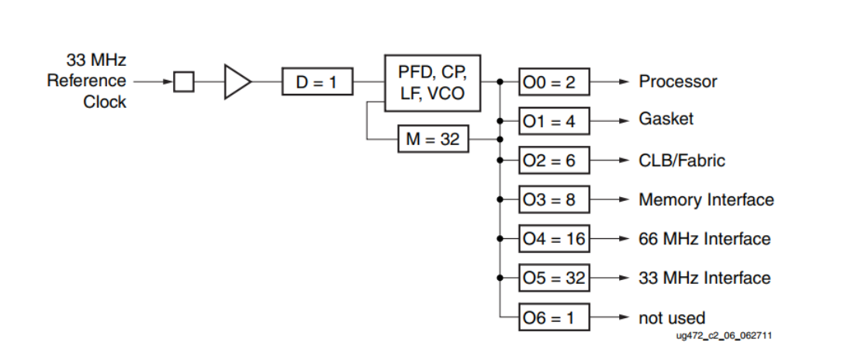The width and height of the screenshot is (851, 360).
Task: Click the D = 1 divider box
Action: [x=317, y=81]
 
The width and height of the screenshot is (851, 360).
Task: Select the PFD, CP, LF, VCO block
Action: [x=433, y=82]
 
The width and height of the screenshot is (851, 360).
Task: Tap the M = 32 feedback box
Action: [x=433, y=140]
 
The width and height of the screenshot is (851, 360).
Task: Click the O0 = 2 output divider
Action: [x=554, y=81]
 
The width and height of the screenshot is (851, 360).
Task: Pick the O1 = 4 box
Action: [x=554, y=121]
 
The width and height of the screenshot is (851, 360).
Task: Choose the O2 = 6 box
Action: [x=554, y=161]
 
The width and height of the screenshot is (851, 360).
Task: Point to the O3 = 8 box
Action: [x=554, y=199]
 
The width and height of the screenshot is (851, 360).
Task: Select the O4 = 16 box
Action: [x=554, y=239]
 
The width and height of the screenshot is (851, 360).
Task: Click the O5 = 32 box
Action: [x=554, y=278]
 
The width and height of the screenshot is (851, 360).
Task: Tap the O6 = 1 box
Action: [x=554, y=317]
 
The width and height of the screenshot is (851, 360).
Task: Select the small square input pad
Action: [x=184, y=81]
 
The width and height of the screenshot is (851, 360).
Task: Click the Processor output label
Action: [x=677, y=81]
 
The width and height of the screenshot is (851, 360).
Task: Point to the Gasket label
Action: [x=666, y=119]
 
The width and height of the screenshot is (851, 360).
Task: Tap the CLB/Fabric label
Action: [x=682, y=161]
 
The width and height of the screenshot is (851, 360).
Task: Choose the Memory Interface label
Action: [x=706, y=199]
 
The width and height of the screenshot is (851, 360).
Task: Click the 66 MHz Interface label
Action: [x=704, y=239]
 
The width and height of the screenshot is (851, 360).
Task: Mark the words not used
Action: [x=672, y=318]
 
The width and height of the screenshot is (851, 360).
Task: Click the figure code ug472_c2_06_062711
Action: [x=725, y=336]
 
